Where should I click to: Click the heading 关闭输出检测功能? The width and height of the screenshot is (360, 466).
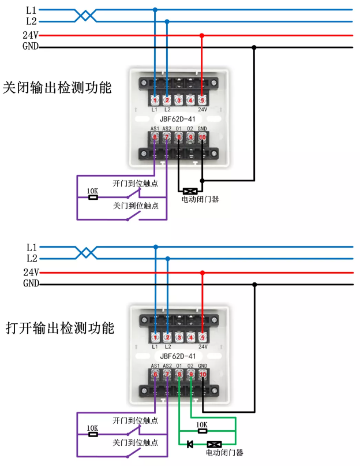[x=57, y=88]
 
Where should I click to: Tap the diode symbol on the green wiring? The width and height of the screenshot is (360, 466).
[x=190, y=444]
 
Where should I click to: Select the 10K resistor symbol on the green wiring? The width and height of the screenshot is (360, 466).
[x=202, y=430]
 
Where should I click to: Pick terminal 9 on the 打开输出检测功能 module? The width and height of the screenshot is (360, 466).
[x=191, y=374]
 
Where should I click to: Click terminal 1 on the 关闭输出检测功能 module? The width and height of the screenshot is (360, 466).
[x=155, y=100]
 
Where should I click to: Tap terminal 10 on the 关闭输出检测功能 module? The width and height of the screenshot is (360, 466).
[x=202, y=137]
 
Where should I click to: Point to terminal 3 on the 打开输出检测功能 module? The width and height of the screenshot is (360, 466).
[x=179, y=337]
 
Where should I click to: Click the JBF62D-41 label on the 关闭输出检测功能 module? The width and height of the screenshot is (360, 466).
[x=177, y=119]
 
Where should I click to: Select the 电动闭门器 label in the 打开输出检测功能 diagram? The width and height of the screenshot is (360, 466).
[x=224, y=453]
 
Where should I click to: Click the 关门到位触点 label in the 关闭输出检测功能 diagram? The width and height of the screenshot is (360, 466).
[x=136, y=206]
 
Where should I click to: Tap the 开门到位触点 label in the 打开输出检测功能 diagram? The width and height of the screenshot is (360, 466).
[x=136, y=420]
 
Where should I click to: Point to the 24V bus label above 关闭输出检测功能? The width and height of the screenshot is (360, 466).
[x=30, y=35]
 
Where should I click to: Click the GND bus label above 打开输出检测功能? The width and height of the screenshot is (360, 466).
[x=31, y=284]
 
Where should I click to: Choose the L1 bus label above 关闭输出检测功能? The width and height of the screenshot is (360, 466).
[x=31, y=10]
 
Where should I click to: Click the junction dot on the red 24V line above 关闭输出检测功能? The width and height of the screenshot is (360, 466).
[x=202, y=35]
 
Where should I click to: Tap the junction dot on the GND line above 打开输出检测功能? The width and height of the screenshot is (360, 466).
[x=254, y=284]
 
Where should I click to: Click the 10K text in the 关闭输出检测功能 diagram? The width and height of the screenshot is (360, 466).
[x=92, y=191]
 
